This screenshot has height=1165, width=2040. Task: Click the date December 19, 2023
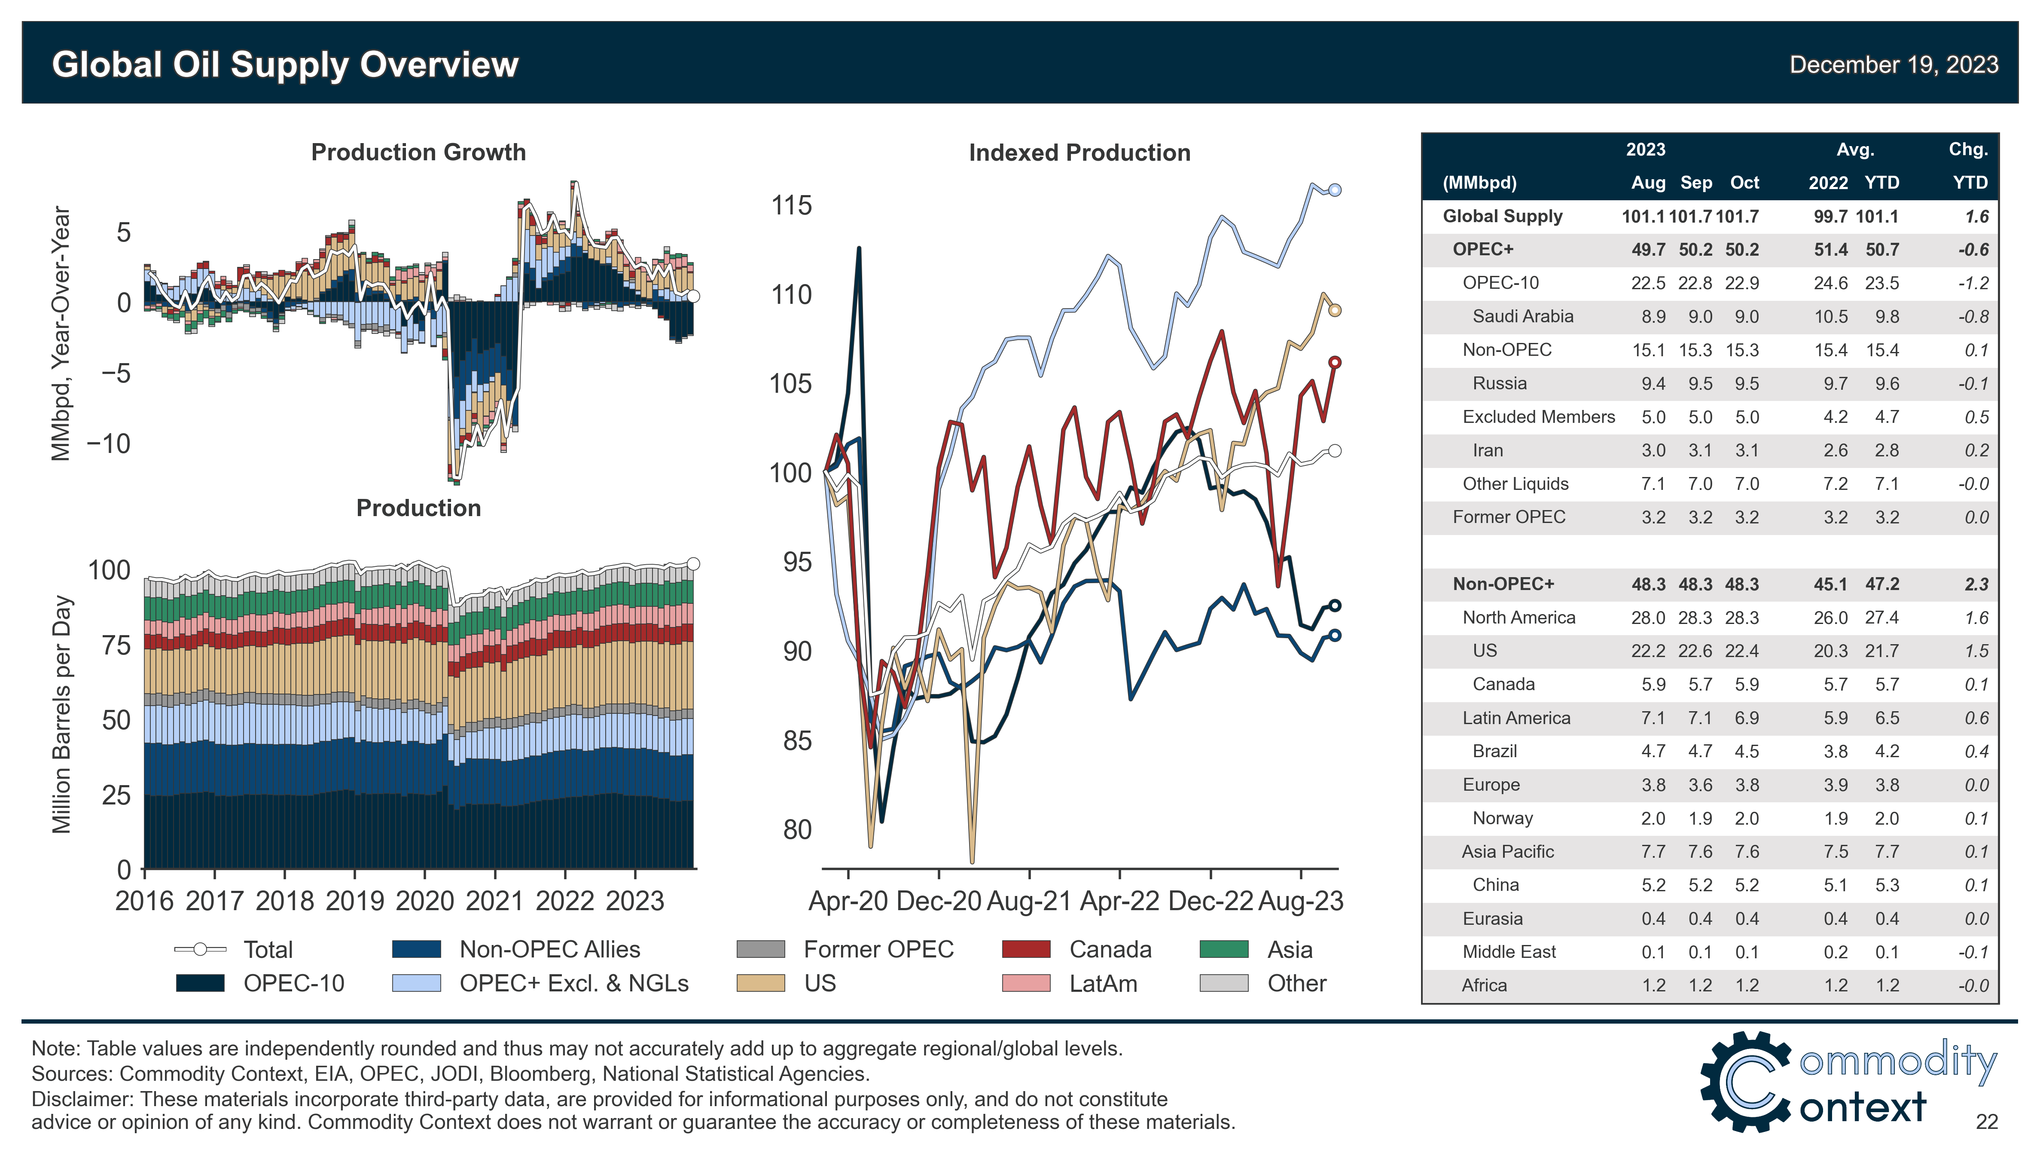[x=1893, y=65]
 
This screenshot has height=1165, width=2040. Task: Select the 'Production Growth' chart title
[x=418, y=152]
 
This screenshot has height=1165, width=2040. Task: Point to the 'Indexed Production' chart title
[x=1079, y=153]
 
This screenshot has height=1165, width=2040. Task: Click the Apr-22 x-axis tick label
[x=1119, y=901]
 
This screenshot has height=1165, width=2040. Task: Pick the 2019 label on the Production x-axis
[x=354, y=901]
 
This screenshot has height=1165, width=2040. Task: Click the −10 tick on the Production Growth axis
[x=108, y=443]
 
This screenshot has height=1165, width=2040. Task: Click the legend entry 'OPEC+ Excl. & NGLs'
[x=573, y=983]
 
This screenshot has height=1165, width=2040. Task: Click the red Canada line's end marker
[x=1334, y=362]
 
